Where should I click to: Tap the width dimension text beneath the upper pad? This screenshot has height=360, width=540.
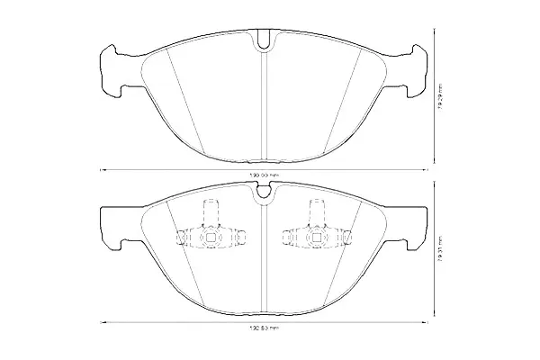click(263, 175)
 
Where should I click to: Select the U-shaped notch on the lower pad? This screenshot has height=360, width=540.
click(263, 189)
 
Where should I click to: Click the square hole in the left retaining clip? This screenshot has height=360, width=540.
click(210, 238)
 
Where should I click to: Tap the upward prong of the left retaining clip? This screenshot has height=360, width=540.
click(210, 211)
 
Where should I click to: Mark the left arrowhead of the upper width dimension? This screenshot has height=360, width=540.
click(102, 169)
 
